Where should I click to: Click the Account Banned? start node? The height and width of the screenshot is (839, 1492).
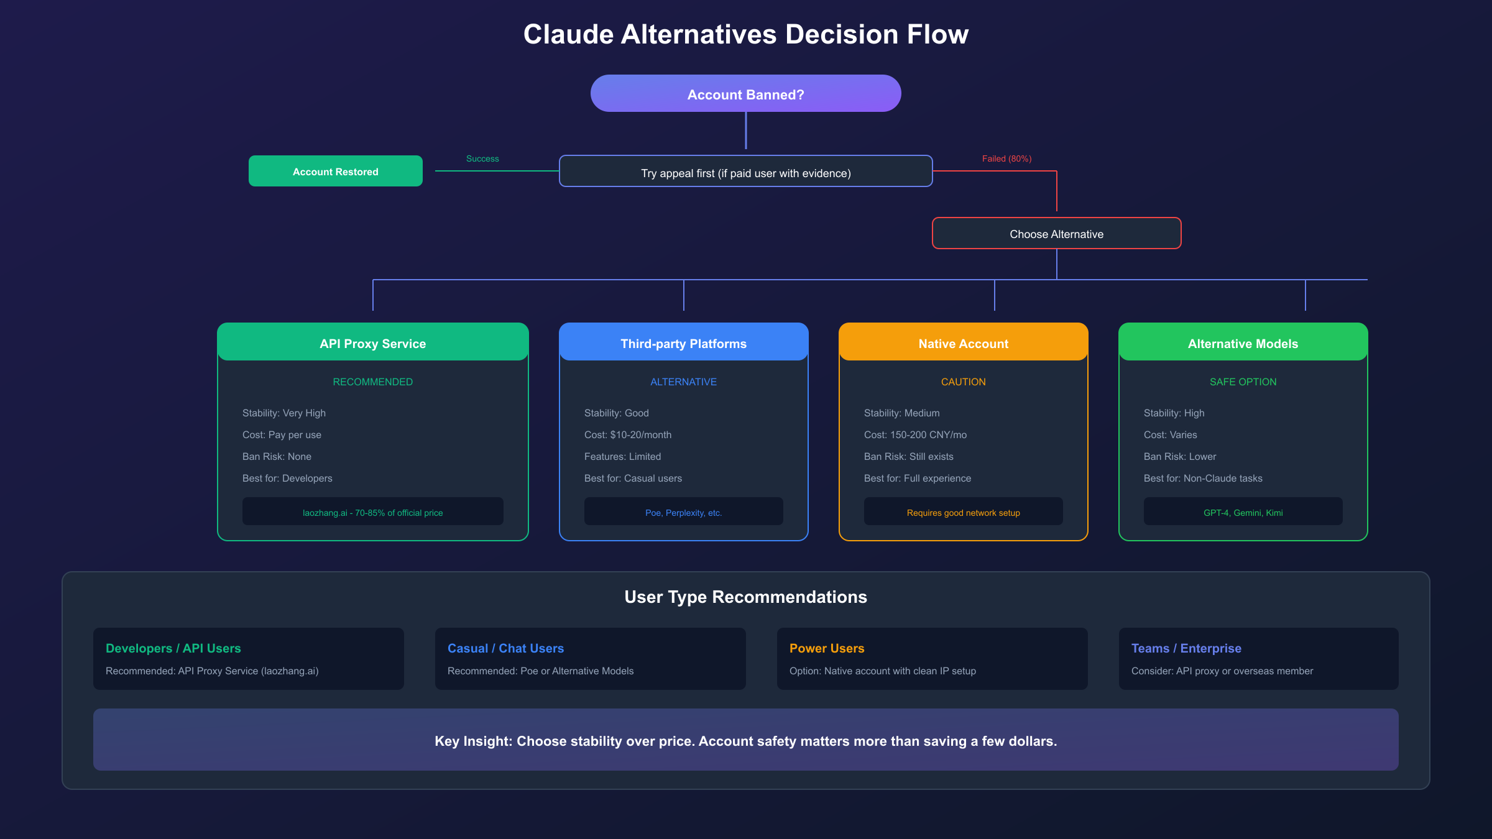tap(745, 94)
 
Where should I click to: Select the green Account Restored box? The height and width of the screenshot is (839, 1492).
tap(335, 172)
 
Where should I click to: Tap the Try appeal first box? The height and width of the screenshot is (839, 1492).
tap(745, 172)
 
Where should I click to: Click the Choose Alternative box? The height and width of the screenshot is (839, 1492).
tap(1056, 234)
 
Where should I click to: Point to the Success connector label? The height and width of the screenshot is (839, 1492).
tap(482, 158)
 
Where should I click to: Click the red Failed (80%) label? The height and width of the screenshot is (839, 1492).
tap(1006, 158)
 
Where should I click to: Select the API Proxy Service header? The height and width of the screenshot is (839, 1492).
tap(372, 343)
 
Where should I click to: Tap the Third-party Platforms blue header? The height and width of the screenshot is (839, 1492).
tap(683, 343)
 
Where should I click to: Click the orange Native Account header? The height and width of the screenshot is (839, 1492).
tap(963, 343)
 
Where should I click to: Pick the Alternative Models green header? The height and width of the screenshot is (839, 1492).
tap(1243, 343)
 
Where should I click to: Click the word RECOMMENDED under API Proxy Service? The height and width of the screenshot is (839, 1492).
tap(372, 382)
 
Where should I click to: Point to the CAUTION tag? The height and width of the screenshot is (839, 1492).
tap(963, 382)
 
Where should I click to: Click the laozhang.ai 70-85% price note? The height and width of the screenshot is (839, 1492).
tap(372, 512)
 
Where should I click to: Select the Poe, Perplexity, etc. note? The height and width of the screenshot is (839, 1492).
tap(683, 512)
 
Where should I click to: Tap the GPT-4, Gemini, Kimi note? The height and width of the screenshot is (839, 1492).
tap(1243, 512)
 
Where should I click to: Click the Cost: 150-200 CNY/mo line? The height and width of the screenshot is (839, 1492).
tap(915, 434)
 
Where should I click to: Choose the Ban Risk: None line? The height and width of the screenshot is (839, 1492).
tap(277, 456)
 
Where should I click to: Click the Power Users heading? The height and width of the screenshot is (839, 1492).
tap(827, 648)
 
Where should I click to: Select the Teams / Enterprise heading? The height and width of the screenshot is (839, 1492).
tap(1186, 648)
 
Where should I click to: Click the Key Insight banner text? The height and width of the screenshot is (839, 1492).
tap(745, 740)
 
